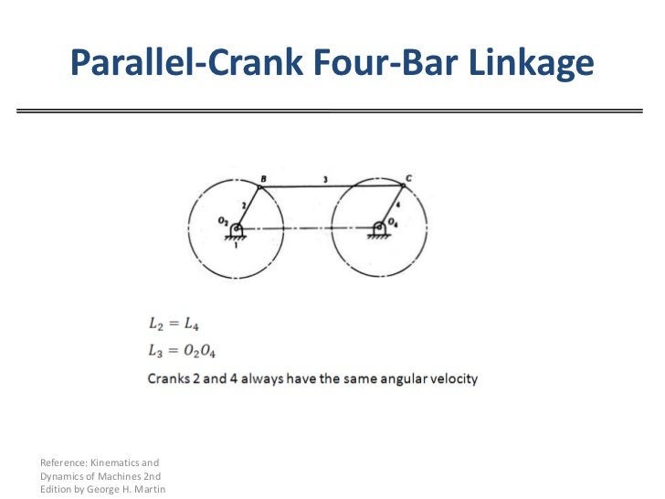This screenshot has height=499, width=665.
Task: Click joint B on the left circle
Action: pyautogui.click(x=259, y=187)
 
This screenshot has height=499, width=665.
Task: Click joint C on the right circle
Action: pyautogui.click(x=404, y=186)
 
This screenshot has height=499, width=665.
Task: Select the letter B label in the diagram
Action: pyautogui.click(x=263, y=177)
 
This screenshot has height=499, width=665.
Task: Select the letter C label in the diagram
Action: pyautogui.click(x=407, y=176)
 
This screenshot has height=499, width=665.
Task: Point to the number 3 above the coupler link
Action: pyautogui.click(x=325, y=177)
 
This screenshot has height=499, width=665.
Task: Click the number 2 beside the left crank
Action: pyautogui.click(x=244, y=206)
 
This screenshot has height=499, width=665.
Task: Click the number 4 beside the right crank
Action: pyautogui.click(x=398, y=205)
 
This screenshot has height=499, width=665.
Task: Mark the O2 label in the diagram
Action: pyautogui.click(x=222, y=220)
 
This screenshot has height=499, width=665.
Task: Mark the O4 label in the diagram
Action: pyautogui.click(x=394, y=220)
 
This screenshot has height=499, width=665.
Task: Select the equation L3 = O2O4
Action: pyautogui.click(x=182, y=349)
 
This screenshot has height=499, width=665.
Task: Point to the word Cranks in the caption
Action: pyautogui.click(x=169, y=377)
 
